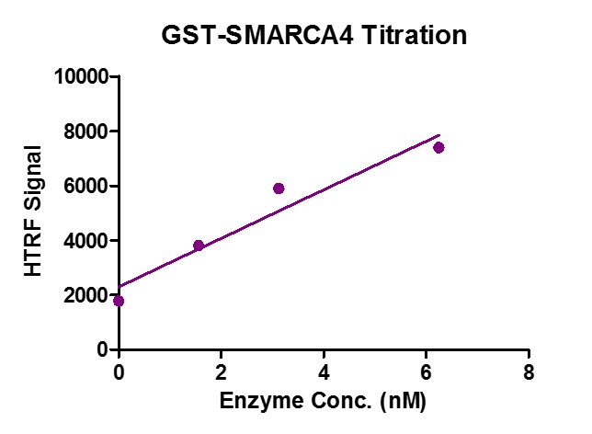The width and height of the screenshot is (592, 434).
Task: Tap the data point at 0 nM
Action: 119,301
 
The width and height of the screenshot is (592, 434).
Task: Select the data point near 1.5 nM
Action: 199,246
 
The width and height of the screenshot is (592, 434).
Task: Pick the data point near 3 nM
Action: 279,188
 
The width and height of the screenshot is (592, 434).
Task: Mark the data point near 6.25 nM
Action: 438,147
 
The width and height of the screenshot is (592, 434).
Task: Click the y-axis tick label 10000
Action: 82,76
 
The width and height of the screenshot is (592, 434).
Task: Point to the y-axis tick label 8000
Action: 86,131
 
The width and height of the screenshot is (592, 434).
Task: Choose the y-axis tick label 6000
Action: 86,186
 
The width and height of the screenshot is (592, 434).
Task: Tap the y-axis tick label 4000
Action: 86,241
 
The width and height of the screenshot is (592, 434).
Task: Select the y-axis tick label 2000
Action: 86,295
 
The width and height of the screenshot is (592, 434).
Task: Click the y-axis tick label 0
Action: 102,350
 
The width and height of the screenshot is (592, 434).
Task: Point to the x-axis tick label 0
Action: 119,371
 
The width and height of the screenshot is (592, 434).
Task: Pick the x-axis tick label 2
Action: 221,371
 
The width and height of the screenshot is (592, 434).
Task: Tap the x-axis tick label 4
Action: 324,371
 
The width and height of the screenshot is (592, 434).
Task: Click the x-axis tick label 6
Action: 426,371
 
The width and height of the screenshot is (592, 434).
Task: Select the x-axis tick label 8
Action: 529,371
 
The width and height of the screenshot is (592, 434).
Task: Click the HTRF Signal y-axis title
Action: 33,211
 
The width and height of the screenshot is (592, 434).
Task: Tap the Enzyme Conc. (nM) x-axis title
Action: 323,402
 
